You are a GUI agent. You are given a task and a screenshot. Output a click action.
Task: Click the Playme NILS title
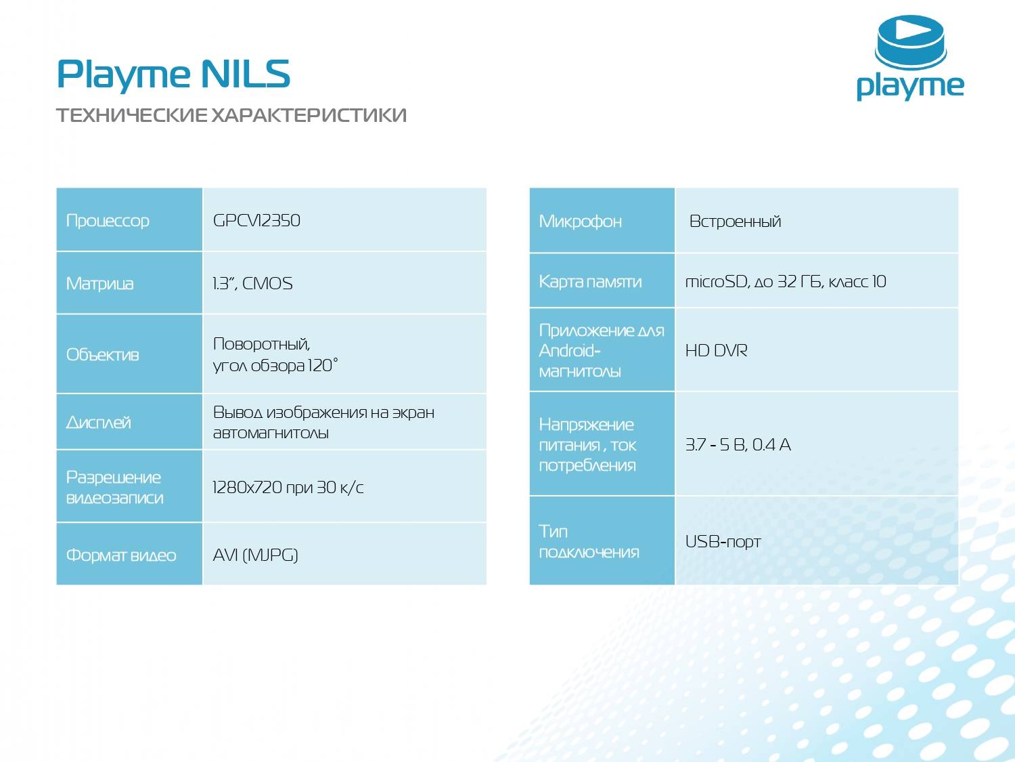pos(173,74)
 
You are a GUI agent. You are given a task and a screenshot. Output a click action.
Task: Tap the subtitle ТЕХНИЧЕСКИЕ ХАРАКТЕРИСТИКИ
pos(231,115)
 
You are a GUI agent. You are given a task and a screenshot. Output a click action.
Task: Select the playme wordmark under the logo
pos(910,86)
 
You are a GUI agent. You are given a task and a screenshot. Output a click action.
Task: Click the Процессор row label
pos(108,221)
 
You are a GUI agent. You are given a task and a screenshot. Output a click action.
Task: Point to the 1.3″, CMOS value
pos(252,283)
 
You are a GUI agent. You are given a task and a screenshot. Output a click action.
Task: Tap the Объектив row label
pos(102,355)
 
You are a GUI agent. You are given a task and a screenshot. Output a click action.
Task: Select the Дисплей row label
pos(99,423)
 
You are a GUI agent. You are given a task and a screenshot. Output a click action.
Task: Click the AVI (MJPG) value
pos(255,555)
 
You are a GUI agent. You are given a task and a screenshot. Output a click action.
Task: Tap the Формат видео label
pos(121,555)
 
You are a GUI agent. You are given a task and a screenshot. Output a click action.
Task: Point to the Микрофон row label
pos(580,221)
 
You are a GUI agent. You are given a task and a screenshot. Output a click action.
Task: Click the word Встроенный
pos(735,221)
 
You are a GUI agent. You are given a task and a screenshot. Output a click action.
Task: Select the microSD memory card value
pos(786,282)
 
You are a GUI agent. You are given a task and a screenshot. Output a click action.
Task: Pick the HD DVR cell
pos(716,351)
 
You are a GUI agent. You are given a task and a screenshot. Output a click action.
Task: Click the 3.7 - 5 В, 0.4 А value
pos(738,445)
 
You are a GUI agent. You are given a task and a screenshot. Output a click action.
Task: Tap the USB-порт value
pos(723,542)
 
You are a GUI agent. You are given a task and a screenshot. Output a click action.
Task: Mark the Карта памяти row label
pos(590,282)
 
